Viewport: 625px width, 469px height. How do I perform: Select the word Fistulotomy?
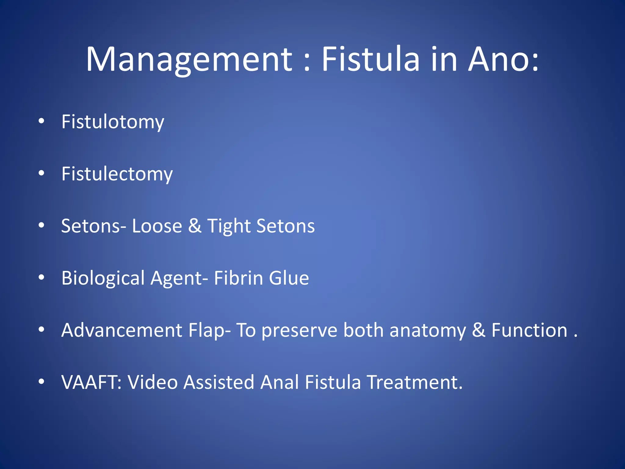coord(113,122)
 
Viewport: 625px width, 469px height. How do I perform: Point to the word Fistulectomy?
coord(117,174)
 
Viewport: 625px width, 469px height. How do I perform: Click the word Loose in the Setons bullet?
coord(157,226)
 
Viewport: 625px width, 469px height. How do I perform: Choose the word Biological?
coord(103,278)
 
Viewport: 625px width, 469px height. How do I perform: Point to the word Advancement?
coord(122,330)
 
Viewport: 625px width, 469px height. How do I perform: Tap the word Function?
coord(529,330)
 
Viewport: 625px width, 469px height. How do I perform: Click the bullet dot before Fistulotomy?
coord(42,121)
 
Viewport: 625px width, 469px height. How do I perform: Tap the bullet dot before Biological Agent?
coord(42,278)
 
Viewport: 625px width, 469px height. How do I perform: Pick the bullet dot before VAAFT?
coord(42,382)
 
